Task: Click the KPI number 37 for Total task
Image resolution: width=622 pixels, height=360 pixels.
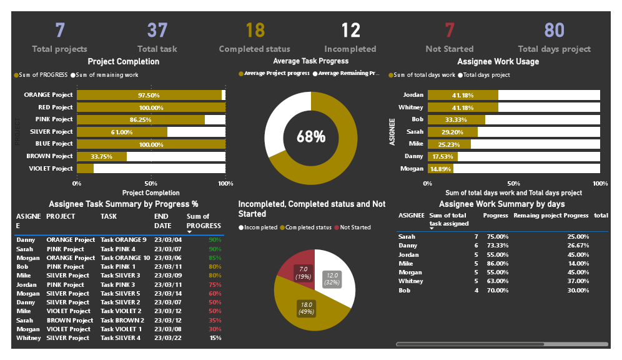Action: (157, 30)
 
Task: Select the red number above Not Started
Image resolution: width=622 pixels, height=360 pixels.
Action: (449, 30)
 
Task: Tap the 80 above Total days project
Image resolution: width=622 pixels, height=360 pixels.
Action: (554, 30)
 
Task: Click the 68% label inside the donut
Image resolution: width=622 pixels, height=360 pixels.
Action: (310, 137)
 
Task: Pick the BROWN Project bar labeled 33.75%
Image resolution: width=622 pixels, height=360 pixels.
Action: (101, 156)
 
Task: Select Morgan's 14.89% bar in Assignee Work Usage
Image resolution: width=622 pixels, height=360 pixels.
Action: (440, 169)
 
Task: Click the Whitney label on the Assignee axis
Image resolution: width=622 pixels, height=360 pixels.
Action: (411, 107)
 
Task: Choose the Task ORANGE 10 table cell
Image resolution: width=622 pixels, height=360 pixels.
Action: (125, 258)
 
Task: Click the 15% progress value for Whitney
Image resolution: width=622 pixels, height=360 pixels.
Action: (215, 338)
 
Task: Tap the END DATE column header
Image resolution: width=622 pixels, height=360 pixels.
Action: (162, 221)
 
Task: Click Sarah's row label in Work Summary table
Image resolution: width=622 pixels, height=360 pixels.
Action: (407, 237)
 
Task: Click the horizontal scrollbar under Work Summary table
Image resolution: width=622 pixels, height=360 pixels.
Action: (501, 344)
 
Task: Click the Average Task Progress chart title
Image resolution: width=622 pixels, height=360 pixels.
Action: (310, 61)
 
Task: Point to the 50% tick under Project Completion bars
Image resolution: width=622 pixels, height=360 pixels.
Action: (151, 184)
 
